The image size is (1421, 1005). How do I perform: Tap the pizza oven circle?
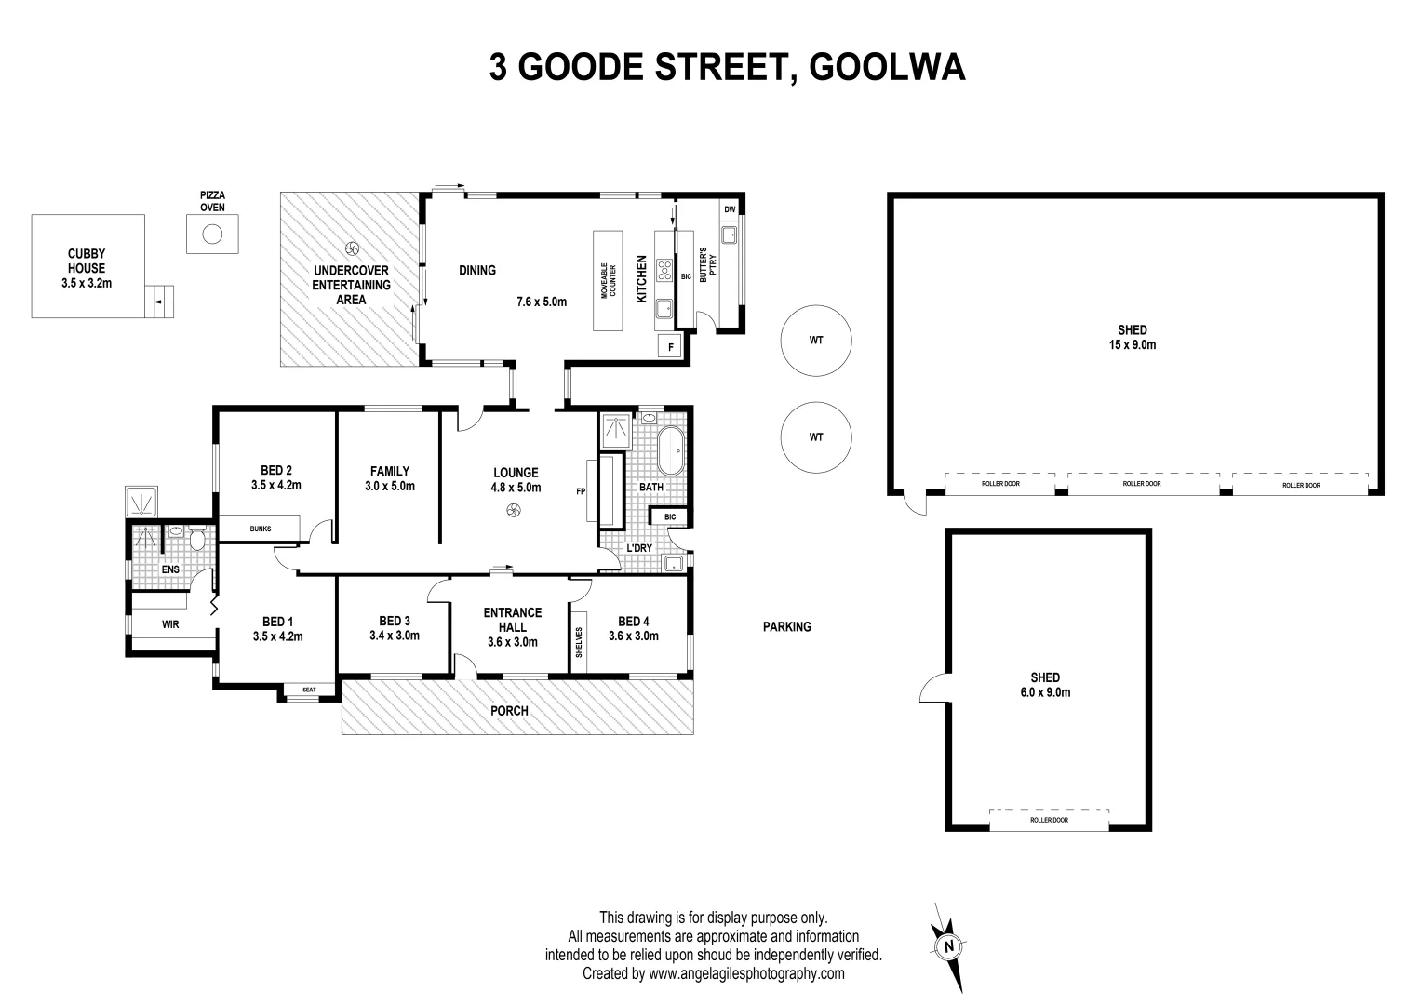[x=212, y=234]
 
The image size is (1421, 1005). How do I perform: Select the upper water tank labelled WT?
[x=816, y=341]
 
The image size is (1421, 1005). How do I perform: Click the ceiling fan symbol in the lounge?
[x=513, y=509]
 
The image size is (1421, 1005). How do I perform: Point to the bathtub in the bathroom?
[x=672, y=451]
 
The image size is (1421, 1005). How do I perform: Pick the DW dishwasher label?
[x=730, y=209]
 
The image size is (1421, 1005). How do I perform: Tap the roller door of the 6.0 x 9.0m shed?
[x=1049, y=820]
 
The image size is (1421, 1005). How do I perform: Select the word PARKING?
[x=787, y=626]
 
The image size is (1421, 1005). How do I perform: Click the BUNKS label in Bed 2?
[x=261, y=529]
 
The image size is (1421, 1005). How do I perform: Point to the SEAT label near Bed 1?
[x=309, y=690]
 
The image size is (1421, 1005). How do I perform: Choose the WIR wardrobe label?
[x=170, y=624]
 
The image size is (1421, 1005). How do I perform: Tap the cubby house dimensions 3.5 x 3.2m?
[x=87, y=282]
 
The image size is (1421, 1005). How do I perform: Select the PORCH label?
[x=510, y=710]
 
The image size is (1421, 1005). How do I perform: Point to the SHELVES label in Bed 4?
[x=579, y=642]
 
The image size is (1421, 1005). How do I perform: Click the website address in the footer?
[x=746, y=973]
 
